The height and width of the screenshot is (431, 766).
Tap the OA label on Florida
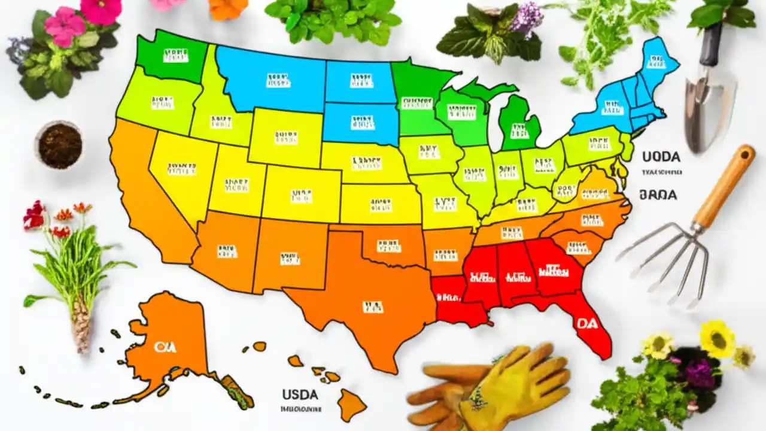[587, 323]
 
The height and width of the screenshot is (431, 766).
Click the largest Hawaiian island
[350, 404]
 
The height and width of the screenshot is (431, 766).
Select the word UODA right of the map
[661, 157]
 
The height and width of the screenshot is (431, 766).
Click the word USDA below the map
[300, 395]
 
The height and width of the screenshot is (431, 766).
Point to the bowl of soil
[59, 145]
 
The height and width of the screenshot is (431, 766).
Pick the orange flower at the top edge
[229, 7]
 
